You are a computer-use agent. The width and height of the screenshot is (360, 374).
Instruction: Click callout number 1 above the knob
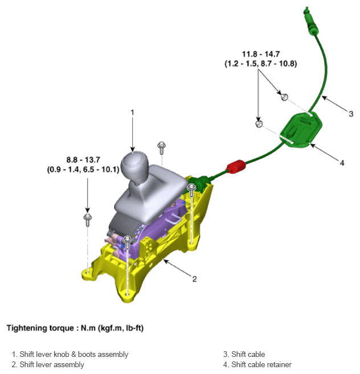coord(132,113)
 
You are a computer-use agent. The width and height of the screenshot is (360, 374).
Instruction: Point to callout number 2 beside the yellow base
coord(194,279)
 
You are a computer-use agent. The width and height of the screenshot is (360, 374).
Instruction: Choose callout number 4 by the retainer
coord(342,163)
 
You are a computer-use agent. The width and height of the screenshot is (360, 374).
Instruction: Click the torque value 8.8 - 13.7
coord(83,161)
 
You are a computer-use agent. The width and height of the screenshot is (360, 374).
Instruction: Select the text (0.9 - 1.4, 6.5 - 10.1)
coord(83,170)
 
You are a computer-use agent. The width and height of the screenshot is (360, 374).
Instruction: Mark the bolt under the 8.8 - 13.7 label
coord(87,218)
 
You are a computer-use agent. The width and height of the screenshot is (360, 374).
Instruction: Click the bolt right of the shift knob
coord(162,147)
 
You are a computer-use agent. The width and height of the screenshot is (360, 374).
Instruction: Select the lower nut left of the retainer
coord(258,123)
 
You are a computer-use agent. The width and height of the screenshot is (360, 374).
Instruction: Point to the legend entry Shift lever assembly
coord(51,364)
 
